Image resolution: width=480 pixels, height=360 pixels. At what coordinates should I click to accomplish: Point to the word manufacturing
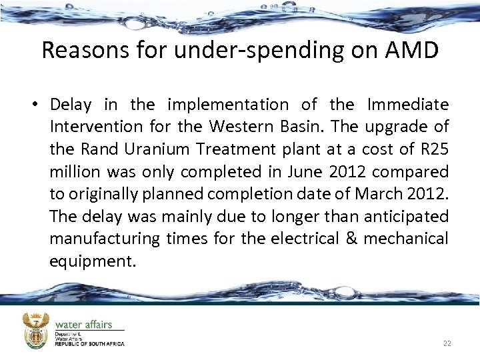coord(105,239)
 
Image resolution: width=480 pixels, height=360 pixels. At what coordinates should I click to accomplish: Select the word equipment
coord(92,261)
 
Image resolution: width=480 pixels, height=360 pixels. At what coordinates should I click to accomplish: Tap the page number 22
coord(447,343)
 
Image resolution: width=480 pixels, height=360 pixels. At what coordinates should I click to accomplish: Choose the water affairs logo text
coord(83,324)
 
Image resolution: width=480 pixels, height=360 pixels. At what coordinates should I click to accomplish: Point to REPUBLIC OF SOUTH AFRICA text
coord(90,344)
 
